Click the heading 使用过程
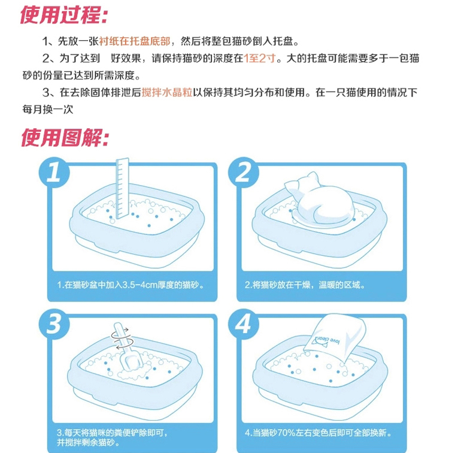(x=63, y=15)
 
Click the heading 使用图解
(x=65, y=138)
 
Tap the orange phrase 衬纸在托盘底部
(x=135, y=41)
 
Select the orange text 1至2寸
(x=259, y=58)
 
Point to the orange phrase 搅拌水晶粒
(x=167, y=92)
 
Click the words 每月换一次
(x=48, y=110)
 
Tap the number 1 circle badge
(x=54, y=173)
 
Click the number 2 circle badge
(x=243, y=173)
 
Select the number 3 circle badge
(x=54, y=324)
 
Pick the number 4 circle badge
(x=243, y=324)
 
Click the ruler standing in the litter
(x=122, y=188)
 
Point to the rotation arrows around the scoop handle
(x=122, y=338)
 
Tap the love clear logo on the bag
(x=326, y=341)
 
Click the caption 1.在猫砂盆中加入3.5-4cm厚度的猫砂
(x=131, y=285)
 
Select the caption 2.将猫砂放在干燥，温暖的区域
(x=305, y=285)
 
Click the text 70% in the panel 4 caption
(x=286, y=433)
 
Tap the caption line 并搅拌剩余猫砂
(x=88, y=442)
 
